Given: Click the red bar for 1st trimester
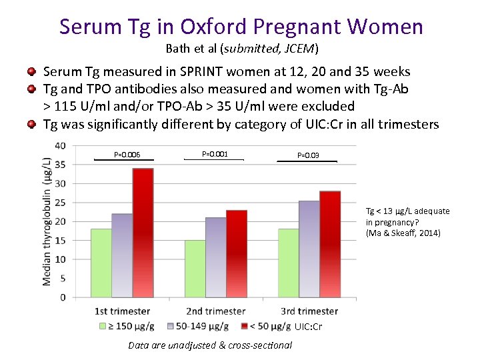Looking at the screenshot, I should pos(142,233).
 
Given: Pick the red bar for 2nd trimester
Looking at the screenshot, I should pos(237,253).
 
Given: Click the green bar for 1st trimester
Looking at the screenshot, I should pos(101,263).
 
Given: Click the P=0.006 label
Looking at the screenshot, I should pos(127,155).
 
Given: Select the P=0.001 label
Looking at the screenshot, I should pos(215,154).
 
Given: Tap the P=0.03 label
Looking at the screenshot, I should pos(308,155).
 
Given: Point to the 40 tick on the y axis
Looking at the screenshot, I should pos(60,145).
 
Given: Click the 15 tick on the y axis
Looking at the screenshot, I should pos(60,240).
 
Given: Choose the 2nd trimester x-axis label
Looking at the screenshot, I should pos(215,311).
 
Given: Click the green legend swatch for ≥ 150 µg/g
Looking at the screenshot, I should pos(103,326).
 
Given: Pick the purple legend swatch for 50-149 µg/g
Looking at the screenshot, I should pos(171,326).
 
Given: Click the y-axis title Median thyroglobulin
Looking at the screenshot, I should pos(47,221).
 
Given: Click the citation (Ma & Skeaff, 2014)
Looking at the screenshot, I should pos(403,233).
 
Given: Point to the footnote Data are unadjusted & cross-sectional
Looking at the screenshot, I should pos(210,345).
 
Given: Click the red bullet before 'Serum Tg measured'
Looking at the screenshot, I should pos(31,71).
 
